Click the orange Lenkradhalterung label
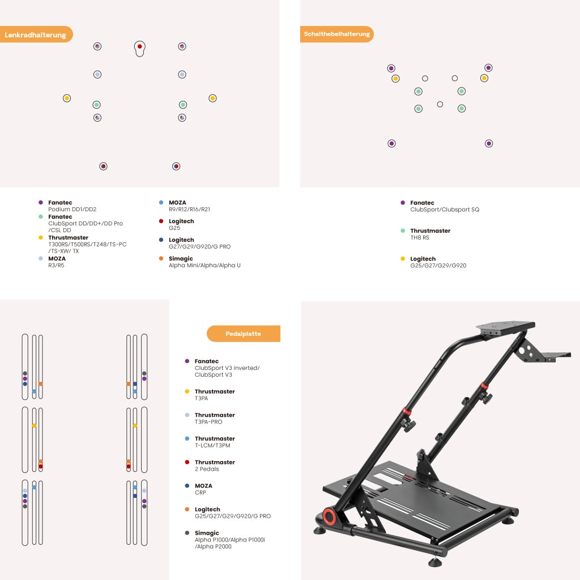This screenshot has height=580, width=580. (36, 35)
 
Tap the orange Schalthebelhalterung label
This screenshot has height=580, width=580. (336, 34)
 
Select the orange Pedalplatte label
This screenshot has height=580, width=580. (244, 334)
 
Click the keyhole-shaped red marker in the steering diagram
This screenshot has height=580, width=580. (139, 49)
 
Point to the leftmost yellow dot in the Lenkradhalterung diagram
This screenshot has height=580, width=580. (67, 98)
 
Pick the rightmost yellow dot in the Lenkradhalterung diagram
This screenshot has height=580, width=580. (212, 98)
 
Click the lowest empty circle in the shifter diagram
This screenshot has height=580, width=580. (440, 104)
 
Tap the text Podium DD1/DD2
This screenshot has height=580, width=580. (72, 210)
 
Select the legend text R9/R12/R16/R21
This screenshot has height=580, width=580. (189, 210)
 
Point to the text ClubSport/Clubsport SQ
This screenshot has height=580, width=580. (445, 210)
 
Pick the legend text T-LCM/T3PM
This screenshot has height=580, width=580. (212, 445)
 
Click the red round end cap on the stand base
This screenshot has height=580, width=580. (329, 517)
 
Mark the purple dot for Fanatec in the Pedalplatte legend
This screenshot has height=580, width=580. (187, 361)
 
